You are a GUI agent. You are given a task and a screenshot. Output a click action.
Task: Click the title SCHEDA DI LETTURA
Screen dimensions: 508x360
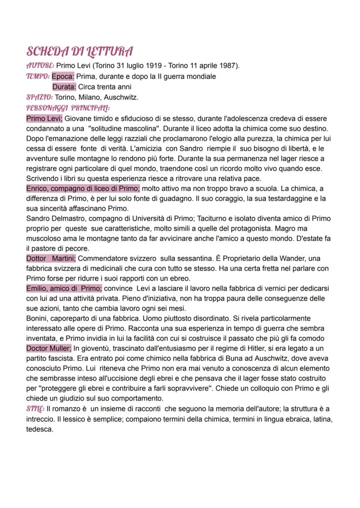pos(80,52)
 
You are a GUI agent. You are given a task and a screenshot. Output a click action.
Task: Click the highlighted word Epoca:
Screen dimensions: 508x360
pos(63,76)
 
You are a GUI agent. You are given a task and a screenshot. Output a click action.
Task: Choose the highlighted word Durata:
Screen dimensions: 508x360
pos(64,87)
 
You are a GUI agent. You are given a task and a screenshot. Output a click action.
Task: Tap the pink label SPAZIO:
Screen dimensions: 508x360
pos(40,97)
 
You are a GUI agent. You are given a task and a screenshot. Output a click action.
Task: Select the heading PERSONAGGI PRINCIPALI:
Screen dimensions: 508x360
pos(68,108)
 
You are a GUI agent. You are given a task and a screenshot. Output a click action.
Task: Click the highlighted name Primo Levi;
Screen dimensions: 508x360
pos(44,118)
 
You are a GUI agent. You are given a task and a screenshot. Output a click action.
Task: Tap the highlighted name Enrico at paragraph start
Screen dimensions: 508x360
pos(37,189)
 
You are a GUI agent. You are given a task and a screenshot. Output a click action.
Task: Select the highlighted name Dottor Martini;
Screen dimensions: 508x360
pos(50,259)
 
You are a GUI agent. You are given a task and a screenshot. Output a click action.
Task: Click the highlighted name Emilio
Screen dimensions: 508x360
pos(36,289)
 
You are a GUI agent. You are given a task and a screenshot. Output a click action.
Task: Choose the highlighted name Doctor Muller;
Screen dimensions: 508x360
pos(48,348)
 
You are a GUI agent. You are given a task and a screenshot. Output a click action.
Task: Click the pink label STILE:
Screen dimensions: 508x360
pos(36,409)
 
